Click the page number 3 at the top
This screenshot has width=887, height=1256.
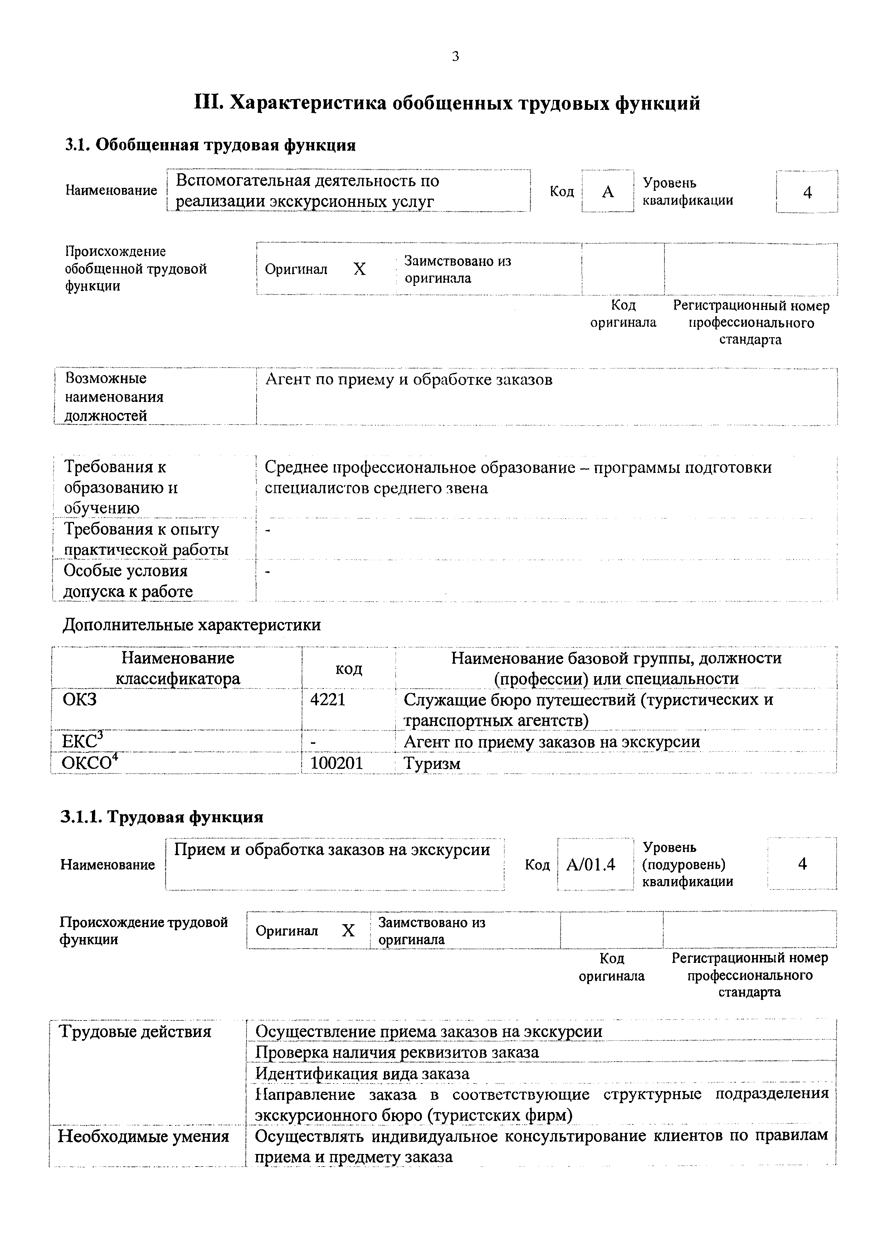[455, 56]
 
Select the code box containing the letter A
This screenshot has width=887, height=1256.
[608, 191]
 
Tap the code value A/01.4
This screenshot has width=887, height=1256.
[591, 864]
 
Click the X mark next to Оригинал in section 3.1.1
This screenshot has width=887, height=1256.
[349, 931]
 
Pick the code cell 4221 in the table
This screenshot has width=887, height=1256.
[327, 700]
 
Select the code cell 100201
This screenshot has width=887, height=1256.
[336, 763]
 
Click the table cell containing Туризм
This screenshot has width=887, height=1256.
[432, 764]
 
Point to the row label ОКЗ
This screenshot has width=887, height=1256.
[80, 700]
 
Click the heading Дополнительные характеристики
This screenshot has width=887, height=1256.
[192, 625]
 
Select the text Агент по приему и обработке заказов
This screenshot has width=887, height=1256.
[409, 380]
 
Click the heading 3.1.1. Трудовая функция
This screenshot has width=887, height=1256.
[162, 817]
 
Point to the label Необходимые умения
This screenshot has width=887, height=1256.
[143, 1137]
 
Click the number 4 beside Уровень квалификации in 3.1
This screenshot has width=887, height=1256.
[807, 192]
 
